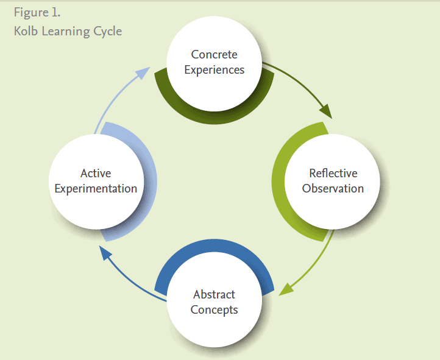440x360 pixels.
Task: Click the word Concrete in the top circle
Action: pyautogui.click(x=214, y=55)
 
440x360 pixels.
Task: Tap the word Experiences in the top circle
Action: pyautogui.click(x=214, y=69)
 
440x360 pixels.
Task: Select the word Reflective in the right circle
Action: pyautogui.click(x=333, y=174)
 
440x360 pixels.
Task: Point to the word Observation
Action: pyautogui.click(x=333, y=188)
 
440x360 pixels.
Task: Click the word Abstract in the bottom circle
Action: pyautogui.click(x=214, y=295)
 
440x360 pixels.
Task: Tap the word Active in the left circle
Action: pyautogui.click(x=96, y=174)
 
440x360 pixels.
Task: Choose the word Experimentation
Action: pyautogui.click(x=96, y=188)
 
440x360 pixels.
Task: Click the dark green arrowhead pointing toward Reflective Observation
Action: pyautogui.click(x=325, y=111)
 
